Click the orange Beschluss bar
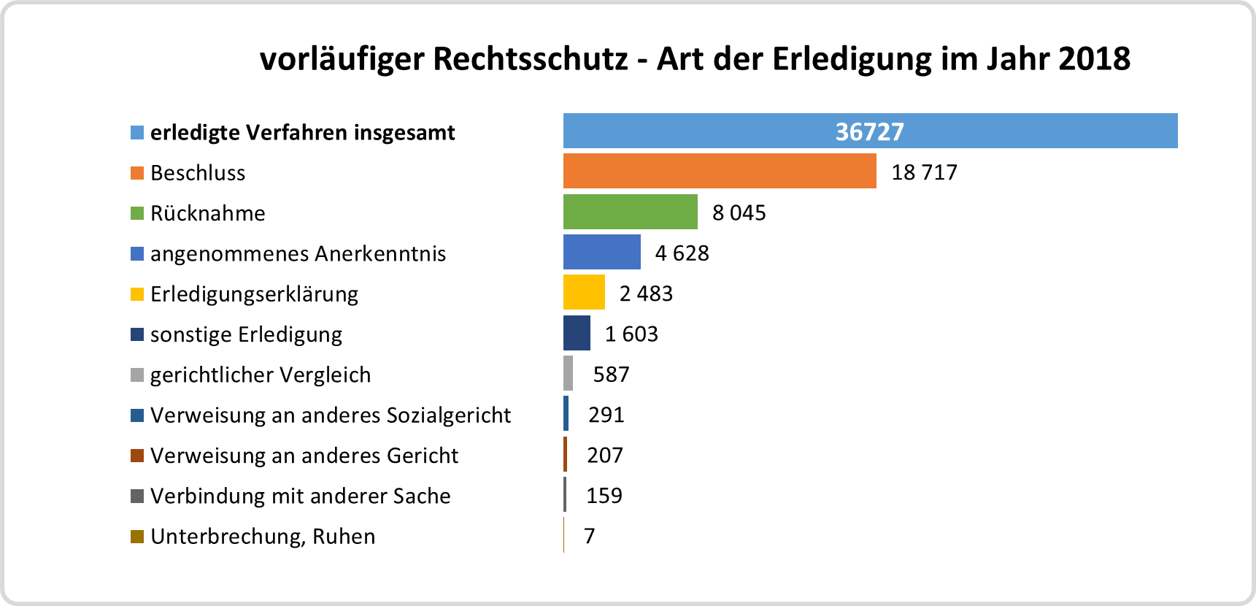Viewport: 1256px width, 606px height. click(x=720, y=171)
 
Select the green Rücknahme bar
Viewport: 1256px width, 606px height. click(x=630, y=212)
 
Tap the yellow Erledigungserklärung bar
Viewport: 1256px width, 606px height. click(x=584, y=292)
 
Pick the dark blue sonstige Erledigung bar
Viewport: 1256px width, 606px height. click(x=577, y=333)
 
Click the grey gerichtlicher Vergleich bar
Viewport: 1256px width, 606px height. click(x=568, y=373)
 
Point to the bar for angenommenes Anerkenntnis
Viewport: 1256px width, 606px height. click(x=601, y=252)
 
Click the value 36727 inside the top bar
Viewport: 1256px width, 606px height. click(x=869, y=131)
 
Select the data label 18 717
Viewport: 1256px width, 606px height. click(x=924, y=172)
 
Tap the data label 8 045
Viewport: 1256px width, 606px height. click(x=739, y=212)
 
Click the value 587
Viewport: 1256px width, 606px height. click(x=611, y=375)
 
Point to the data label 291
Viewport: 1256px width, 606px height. click(x=606, y=415)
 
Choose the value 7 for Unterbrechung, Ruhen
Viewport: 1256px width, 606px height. click(x=590, y=536)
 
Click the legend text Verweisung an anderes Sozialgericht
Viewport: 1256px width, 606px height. click(x=331, y=415)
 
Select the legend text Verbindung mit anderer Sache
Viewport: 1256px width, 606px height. click(x=300, y=496)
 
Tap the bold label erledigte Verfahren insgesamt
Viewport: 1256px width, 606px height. click(x=302, y=132)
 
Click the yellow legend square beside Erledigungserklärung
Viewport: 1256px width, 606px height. click(x=137, y=294)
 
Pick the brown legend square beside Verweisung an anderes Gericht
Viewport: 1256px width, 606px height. click(x=137, y=456)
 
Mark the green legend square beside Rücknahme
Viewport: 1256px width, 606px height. click(x=137, y=213)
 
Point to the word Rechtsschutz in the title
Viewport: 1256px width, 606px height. click(x=531, y=58)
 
